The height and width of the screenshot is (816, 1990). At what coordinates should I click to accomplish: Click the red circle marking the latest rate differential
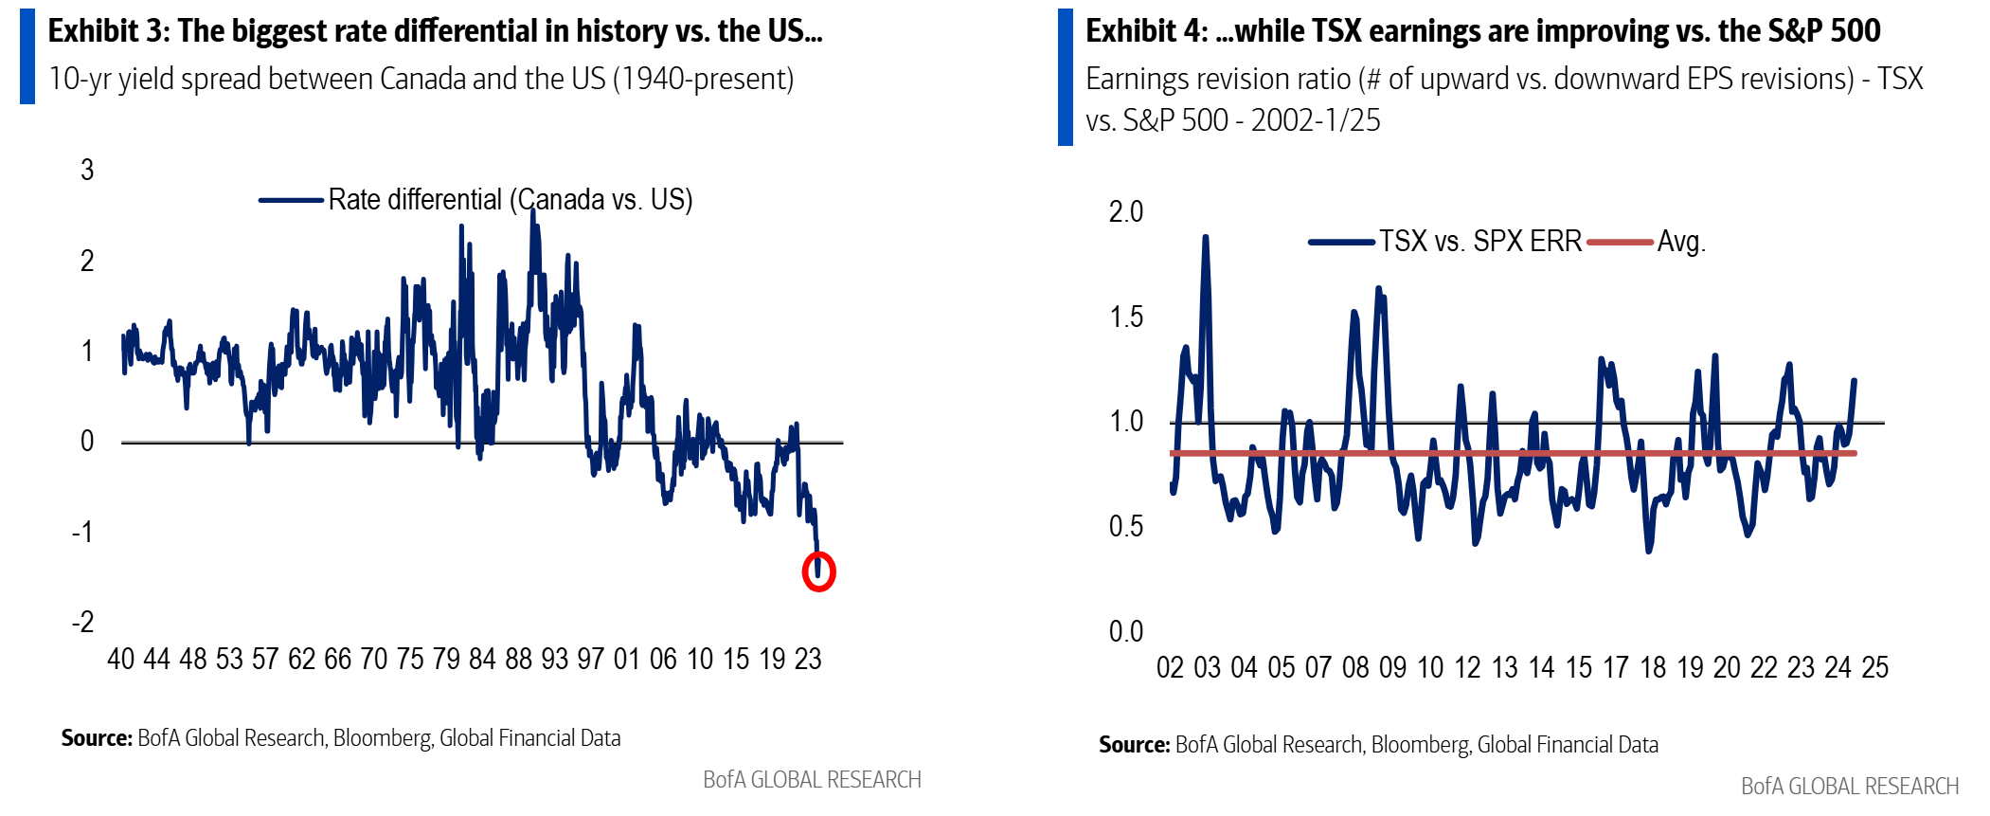(818, 572)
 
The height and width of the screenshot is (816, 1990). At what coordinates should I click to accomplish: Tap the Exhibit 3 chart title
(435, 31)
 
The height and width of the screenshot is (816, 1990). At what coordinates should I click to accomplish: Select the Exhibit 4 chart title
(1482, 31)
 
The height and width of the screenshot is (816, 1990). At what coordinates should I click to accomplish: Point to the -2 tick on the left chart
(83, 623)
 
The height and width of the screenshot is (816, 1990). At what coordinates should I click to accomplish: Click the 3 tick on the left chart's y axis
(87, 171)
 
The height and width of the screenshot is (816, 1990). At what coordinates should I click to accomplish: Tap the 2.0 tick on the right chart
(1126, 212)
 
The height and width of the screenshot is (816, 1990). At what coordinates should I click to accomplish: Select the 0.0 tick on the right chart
(1126, 631)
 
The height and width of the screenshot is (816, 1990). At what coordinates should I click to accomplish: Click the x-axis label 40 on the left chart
(121, 660)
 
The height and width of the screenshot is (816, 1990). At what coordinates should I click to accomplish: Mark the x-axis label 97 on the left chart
(591, 660)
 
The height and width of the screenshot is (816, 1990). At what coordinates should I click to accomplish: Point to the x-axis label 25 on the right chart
(1874, 668)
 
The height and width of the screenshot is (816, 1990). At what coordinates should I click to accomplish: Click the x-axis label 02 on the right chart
(1171, 668)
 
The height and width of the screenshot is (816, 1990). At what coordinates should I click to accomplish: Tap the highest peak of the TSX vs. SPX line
(1205, 238)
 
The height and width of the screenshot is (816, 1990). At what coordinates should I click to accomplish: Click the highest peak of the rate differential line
(532, 211)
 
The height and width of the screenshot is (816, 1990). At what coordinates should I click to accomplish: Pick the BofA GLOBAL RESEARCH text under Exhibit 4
(1849, 787)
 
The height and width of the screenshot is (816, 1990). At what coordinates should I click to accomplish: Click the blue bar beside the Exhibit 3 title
(27, 56)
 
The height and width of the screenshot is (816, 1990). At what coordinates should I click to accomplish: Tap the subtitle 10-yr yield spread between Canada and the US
(421, 79)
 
